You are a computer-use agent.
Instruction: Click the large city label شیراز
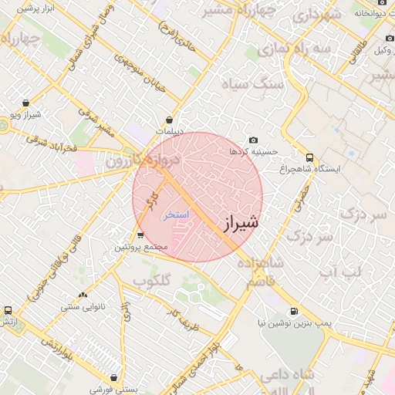coord(241,224)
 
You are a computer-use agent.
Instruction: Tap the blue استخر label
coord(176,215)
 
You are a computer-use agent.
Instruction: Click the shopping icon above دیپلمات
coord(169,120)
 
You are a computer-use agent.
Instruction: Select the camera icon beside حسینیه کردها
coord(254,140)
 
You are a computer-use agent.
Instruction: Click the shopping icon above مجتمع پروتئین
coord(140,235)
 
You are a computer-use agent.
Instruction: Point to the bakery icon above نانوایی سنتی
coord(83,295)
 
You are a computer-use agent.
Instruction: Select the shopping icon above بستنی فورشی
coord(114,378)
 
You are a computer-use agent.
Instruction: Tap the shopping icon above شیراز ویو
coord(26,103)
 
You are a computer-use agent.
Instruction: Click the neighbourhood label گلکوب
coord(150,281)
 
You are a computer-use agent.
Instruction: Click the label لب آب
coord(339,272)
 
